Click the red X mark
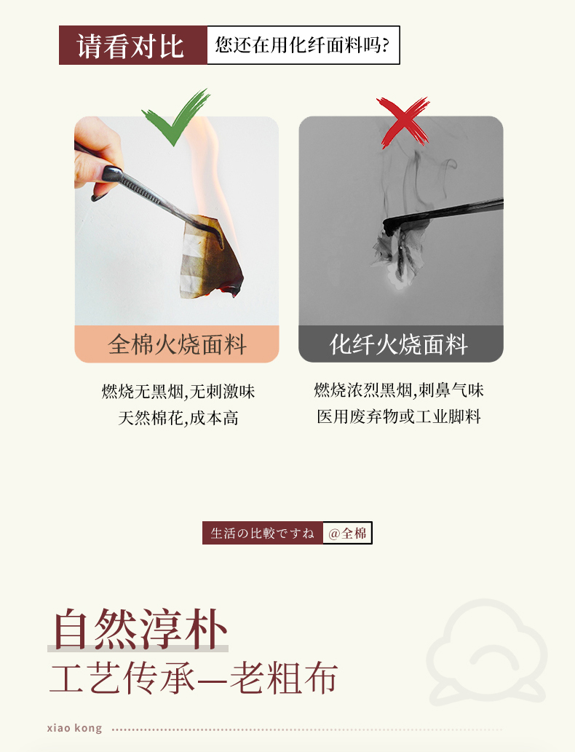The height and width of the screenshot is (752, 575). coord(402,122)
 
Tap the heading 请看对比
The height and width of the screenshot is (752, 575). coord(130,46)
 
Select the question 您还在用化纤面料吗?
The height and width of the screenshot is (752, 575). coord(302,45)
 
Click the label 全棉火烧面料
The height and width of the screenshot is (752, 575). coord(177,344)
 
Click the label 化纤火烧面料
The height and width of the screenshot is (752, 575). coord(399,344)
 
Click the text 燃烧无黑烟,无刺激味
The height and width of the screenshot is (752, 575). coord(178,392)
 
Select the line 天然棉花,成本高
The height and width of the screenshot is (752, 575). coord(178,418)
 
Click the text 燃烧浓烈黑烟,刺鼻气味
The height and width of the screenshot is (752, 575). coord(399,390)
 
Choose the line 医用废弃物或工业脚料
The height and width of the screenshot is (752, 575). coord(399,416)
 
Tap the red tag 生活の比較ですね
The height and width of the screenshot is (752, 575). coord(262,533)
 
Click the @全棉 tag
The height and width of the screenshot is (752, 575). coord(347,533)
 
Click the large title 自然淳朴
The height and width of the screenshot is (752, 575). coord(140,629)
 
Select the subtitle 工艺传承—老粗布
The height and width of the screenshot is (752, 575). coord(194,678)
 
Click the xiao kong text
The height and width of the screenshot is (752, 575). coord(74,728)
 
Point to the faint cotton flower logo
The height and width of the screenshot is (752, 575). coord(486,652)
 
